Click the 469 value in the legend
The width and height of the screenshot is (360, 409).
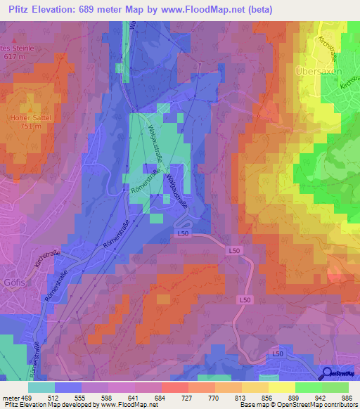coord(26,398)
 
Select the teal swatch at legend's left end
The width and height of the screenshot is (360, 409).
coord(41,387)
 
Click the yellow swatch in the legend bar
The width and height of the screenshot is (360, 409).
coord(282,387)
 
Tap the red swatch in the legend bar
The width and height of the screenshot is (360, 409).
coord(175,387)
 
